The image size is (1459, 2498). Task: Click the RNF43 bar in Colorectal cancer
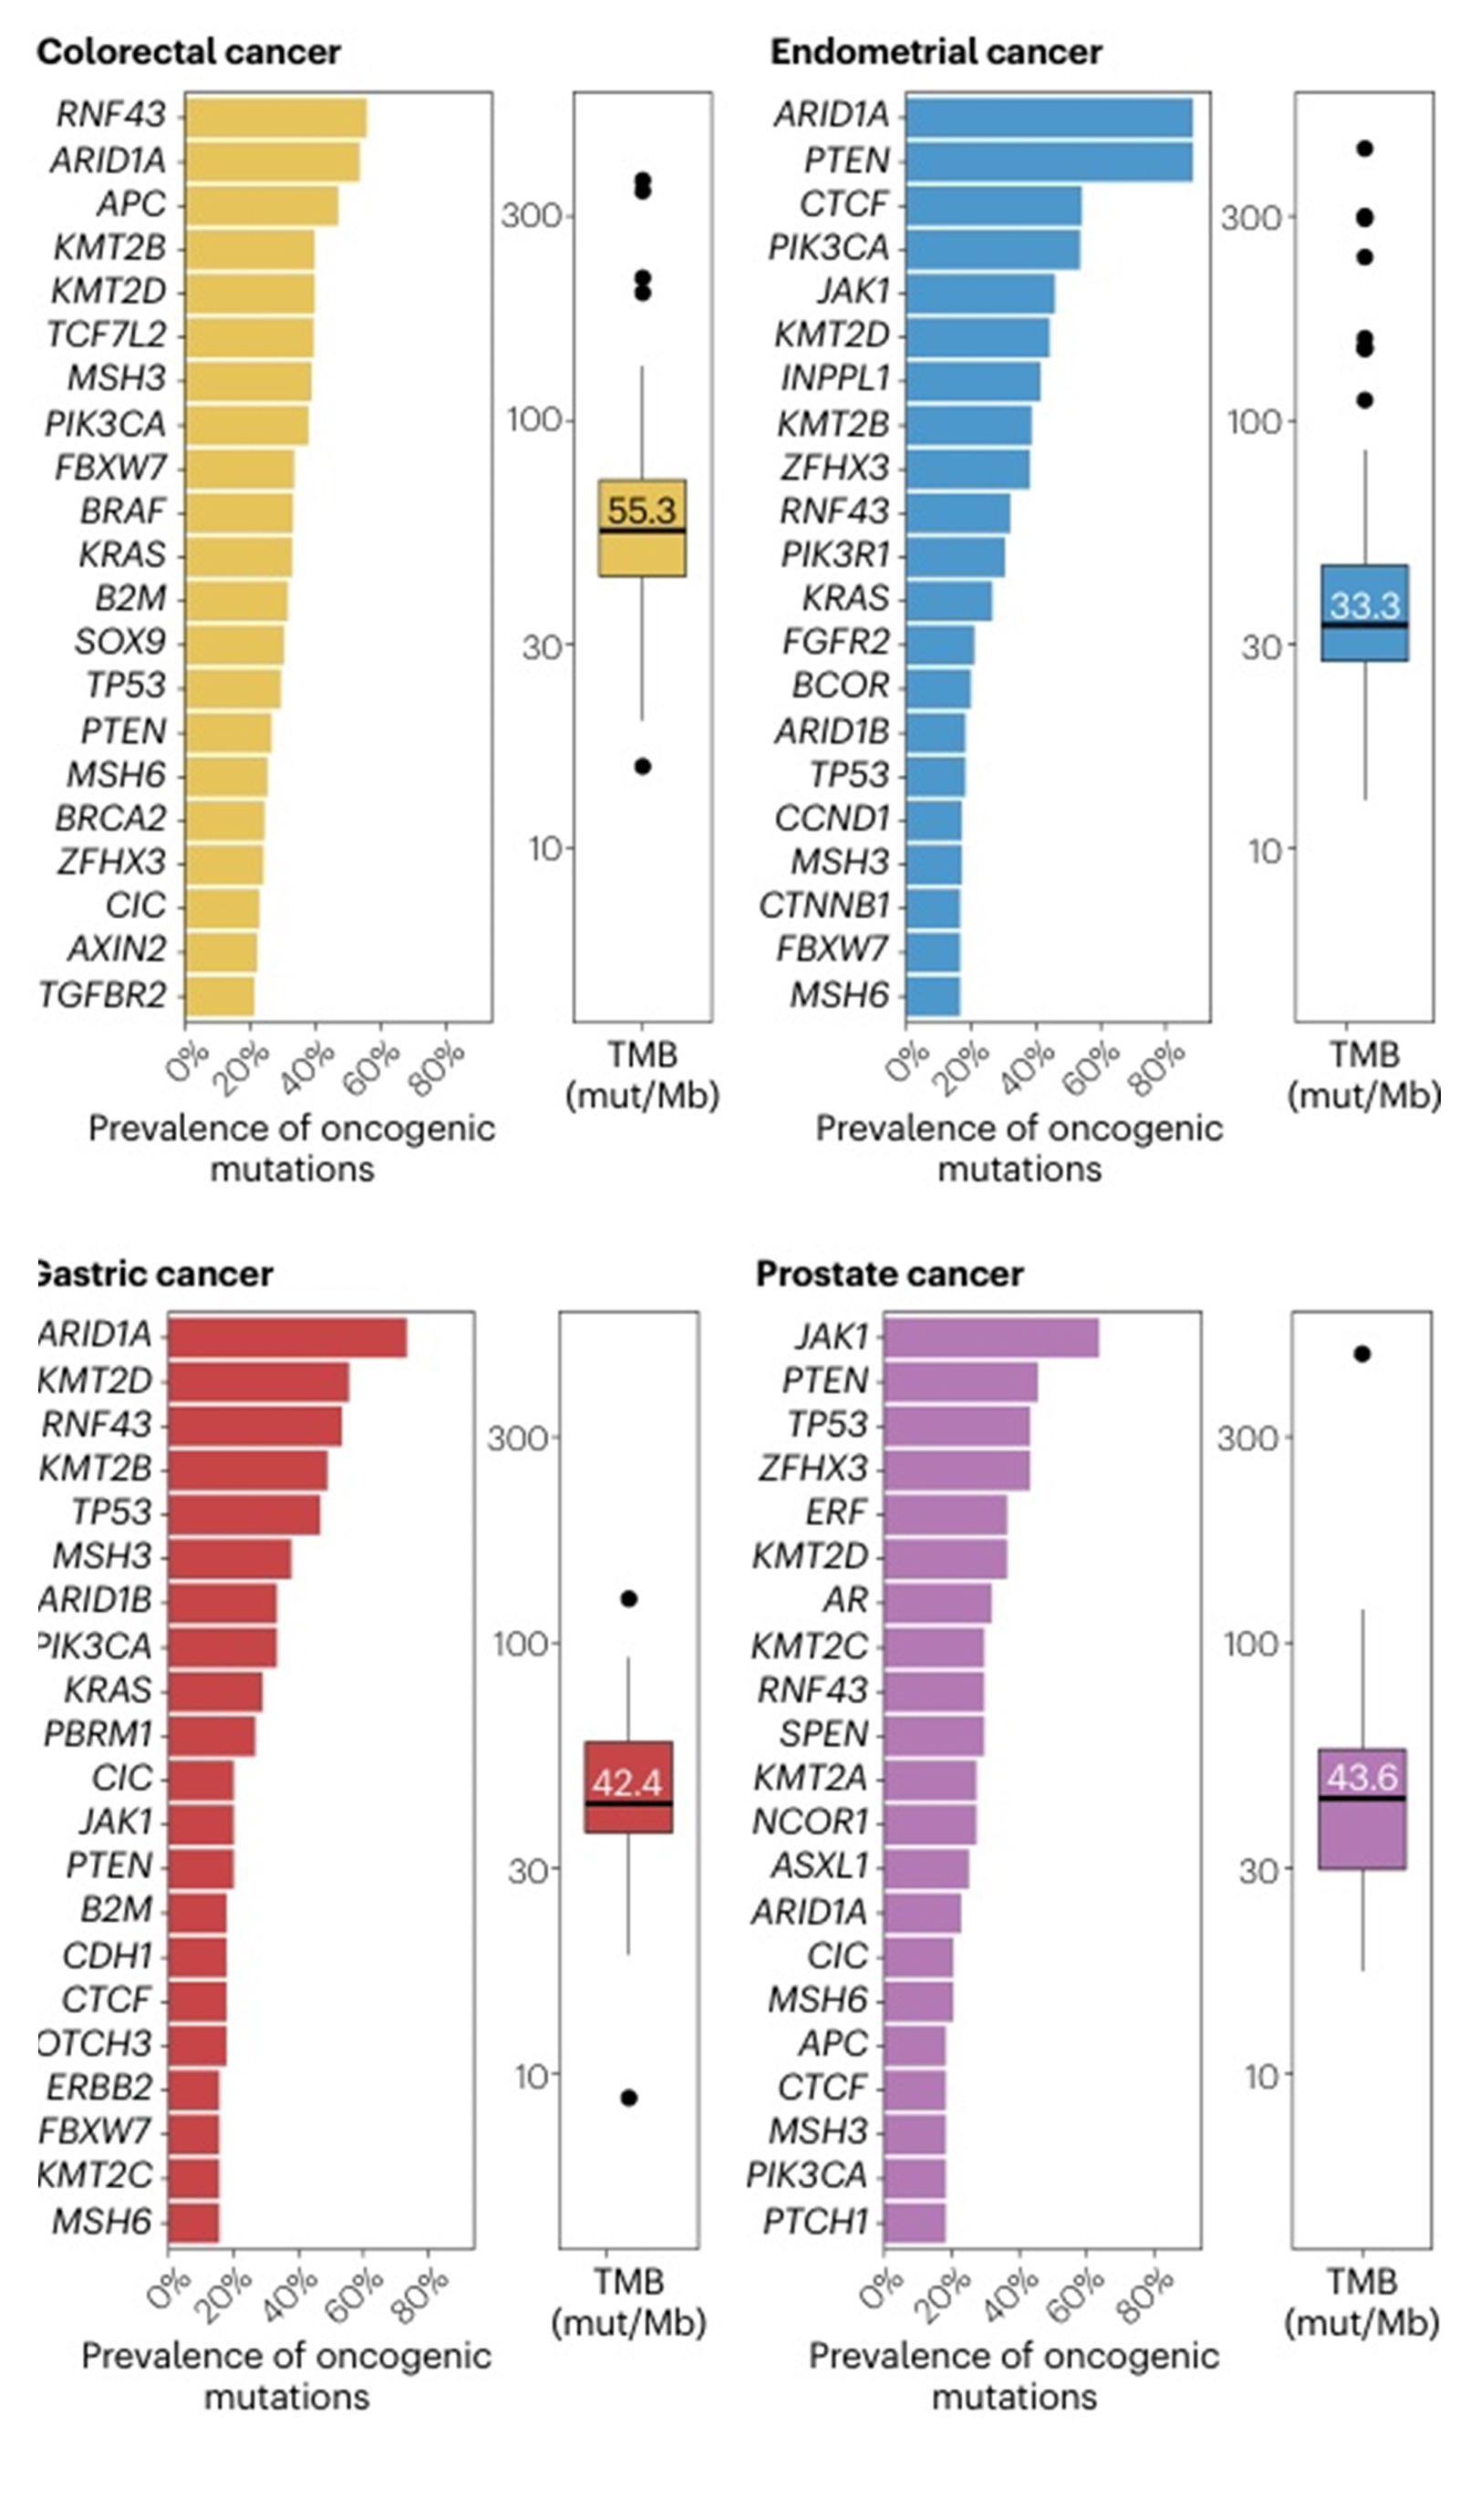point(275,117)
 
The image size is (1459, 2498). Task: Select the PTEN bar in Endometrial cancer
point(1049,160)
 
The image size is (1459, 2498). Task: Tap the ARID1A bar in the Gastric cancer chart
point(287,1337)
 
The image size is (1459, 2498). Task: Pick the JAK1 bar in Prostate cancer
point(991,1337)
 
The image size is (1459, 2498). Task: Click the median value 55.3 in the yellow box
point(641,511)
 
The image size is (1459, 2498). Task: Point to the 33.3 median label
point(1364,604)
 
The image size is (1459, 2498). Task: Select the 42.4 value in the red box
point(627,1783)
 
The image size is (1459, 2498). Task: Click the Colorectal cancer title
point(189,52)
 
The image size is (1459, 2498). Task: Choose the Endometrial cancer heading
point(936,52)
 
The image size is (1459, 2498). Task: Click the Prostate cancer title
point(889,1274)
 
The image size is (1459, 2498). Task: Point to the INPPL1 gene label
point(834,378)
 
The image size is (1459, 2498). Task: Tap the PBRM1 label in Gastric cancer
point(98,1735)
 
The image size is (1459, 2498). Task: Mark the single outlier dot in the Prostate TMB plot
point(1361,1353)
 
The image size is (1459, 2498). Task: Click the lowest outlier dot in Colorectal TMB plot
point(642,766)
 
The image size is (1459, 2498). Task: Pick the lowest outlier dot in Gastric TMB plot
point(628,2098)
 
